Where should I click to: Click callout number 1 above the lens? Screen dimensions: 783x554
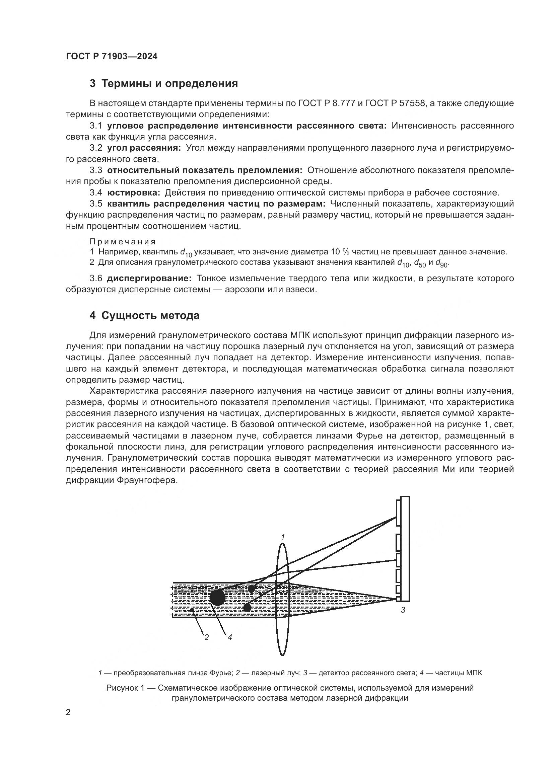click(x=283, y=537)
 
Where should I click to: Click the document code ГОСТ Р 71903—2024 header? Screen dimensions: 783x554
click(x=112, y=57)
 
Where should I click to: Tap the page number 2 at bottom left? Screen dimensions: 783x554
click(x=68, y=712)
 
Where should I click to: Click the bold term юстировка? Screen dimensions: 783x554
click(x=133, y=193)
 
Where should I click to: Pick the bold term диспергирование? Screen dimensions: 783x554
click(x=149, y=278)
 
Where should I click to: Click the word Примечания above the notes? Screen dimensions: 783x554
click(x=123, y=242)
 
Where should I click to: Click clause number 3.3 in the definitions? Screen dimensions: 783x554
click(x=96, y=170)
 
